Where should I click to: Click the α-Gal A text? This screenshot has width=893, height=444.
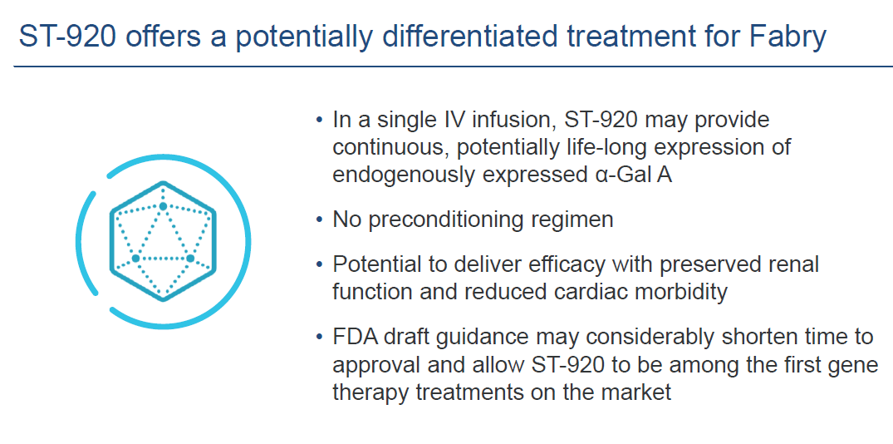click(630, 175)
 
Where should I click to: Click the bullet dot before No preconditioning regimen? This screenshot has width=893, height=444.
click(319, 220)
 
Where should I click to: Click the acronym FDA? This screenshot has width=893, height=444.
click(354, 337)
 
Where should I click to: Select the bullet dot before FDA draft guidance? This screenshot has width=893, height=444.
click(319, 338)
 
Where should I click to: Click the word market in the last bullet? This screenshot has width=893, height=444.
click(640, 392)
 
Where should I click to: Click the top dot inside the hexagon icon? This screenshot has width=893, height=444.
click(163, 206)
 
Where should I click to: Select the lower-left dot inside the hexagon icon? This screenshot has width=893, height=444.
click(135, 259)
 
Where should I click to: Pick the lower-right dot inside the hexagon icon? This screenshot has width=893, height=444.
click(190, 259)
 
